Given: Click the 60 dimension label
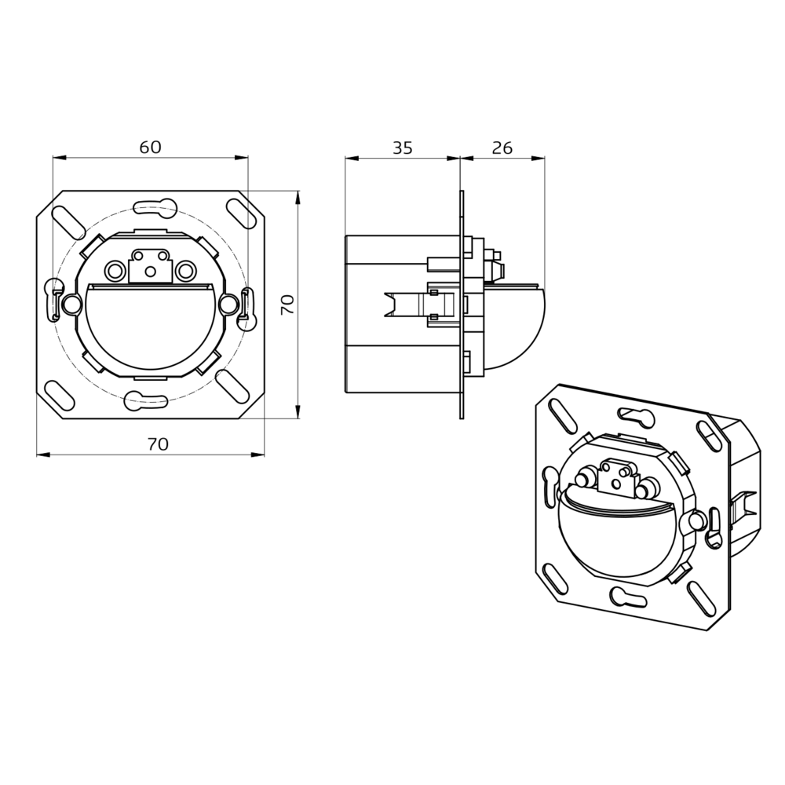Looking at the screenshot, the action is pos(150,148).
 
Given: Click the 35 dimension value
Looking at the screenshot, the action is pos(403,148).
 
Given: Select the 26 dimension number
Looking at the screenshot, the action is pos(502,148).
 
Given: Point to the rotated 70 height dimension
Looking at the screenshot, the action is pos(287,305).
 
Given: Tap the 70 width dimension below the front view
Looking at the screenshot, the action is pos(158,444).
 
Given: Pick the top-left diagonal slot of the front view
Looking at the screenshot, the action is pos(68,222).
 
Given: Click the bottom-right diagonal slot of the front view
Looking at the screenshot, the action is pos(233,386).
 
